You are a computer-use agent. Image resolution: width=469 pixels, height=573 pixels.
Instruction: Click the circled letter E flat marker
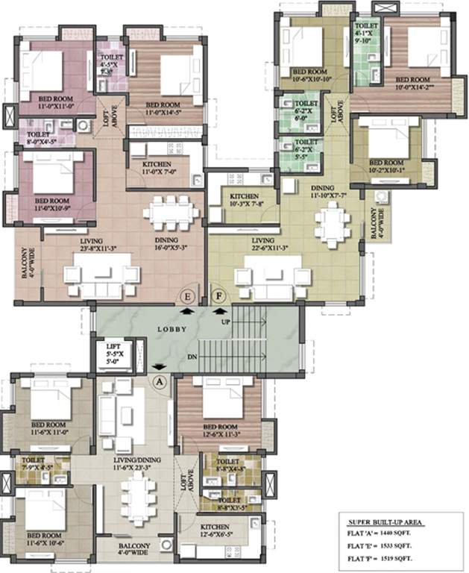pyautogui.click(x=189, y=295)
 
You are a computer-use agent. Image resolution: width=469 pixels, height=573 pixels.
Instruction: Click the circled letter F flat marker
pyautogui.click(x=218, y=295)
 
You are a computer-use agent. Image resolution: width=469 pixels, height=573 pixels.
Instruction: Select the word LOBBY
pyautogui.click(x=171, y=329)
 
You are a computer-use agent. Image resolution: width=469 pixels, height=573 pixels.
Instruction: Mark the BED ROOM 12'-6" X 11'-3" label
pyautogui.click(x=220, y=435)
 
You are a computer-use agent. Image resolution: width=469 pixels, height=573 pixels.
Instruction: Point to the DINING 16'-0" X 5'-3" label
pyautogui.click(x=173, y=245)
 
